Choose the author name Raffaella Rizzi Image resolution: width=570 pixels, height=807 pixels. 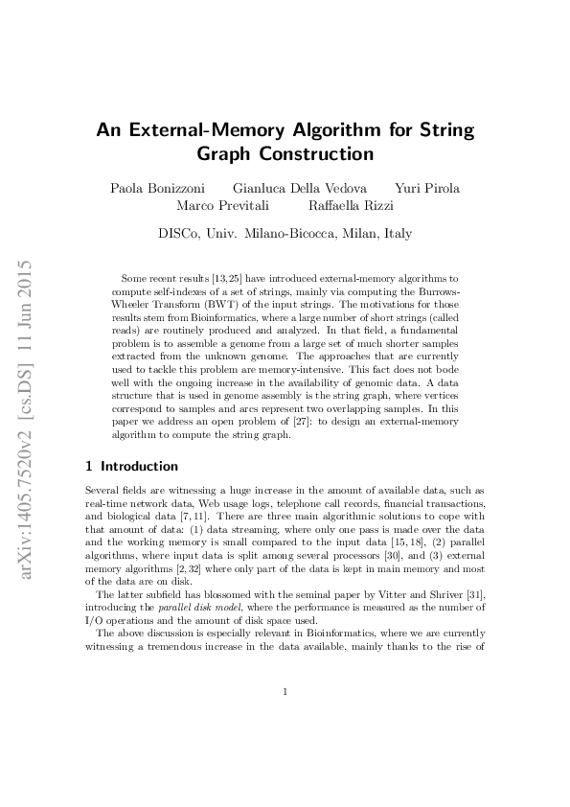tap(351, 205)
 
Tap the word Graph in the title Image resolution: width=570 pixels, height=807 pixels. tap(227, 153)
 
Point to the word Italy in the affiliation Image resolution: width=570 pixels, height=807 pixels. tap(394, 233)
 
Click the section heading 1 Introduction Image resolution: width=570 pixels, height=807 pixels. tap(132, 467)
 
